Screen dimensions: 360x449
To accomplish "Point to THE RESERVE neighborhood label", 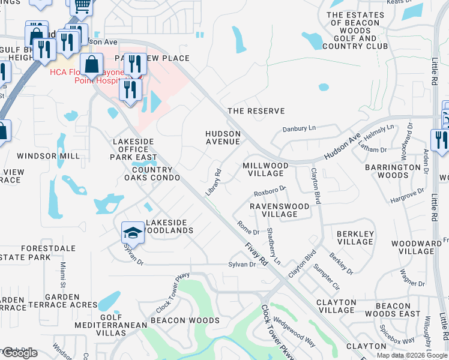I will coord(256,111).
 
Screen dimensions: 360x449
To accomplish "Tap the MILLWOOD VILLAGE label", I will coord(266,169).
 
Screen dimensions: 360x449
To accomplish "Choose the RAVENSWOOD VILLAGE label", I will coord(280,210).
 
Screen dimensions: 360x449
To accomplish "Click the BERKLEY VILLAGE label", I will coord(355,238).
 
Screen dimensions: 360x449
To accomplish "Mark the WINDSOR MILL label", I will coord(48,156).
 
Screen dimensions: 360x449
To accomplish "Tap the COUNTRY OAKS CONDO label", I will coord(152,173).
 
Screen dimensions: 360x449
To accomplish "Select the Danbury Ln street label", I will coord(298,128).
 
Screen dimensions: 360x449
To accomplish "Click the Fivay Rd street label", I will coord(256,254).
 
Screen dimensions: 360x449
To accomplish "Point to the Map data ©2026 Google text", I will coord(412,355).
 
